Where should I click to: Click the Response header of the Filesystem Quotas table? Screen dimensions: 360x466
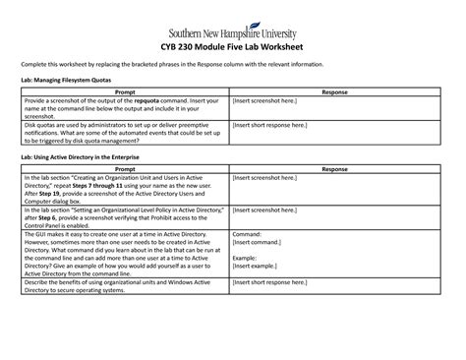coord(334,90)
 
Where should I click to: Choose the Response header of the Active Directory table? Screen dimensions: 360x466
coord(334,169)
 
